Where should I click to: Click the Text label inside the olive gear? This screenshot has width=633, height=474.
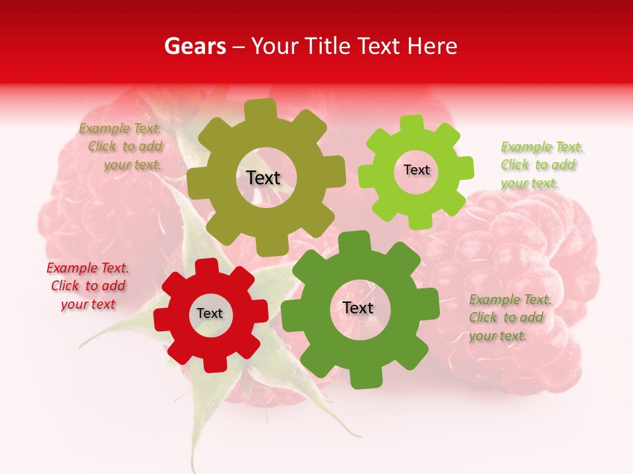pyautogui.click(x=263, y=178)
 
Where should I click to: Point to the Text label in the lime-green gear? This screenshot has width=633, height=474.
pyautogui.click(x=416, y=170)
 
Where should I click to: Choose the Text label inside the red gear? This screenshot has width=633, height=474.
pyautogui.click(x=210, y=313)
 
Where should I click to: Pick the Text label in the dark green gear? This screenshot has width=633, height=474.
pyautogui.click(x=358, y=307)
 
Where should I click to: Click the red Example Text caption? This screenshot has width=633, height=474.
pyautogui.click(x=88, y=286)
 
